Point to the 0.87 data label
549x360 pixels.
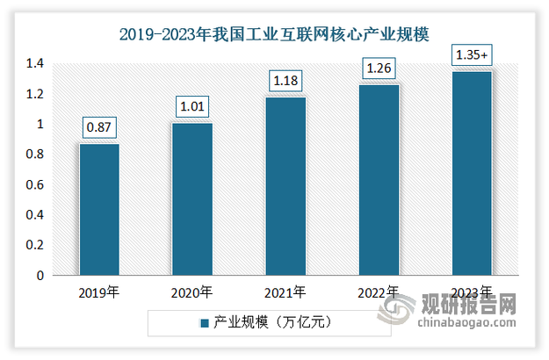pos(98,128)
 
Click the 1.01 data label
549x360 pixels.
pos(191,107)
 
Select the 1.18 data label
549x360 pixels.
pos(285,82)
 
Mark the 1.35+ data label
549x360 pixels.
pos(472,55)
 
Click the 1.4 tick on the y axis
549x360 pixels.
pos(34,64)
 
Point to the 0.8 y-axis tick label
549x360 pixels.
pos(34,155)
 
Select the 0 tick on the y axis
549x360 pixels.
pos(40,276)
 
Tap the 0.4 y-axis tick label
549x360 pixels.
pos(34,215)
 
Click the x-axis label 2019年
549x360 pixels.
pos(98,292)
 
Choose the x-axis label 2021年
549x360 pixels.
pos(285,292)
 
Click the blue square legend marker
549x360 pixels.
pos(204,323)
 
